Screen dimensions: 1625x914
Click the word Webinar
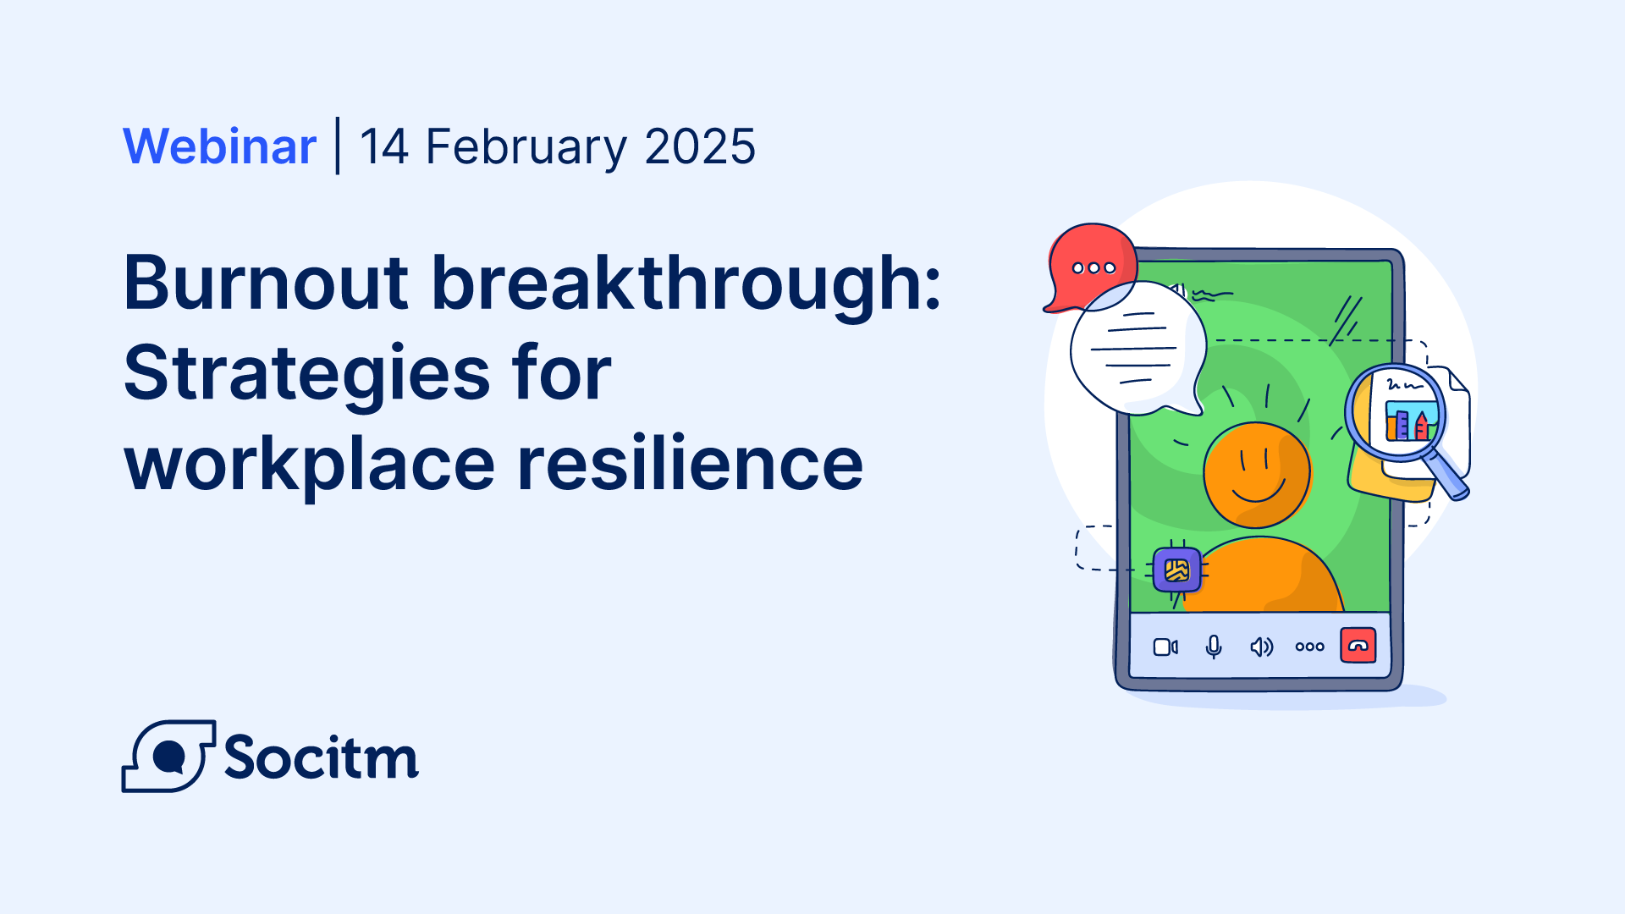tap(220, 146)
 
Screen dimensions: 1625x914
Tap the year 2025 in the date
tap(700, 146)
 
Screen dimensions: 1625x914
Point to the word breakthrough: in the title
tap(686, 284)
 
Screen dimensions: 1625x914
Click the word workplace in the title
tap(310, 465)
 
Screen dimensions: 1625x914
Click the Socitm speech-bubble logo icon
tap(168, 756)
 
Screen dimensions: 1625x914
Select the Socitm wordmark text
tap(322, 756)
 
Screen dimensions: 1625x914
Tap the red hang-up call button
tap(1358, 646)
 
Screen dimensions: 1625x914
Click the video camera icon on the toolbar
tap(1165, 647)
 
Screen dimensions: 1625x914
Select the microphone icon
tap(1214, 647)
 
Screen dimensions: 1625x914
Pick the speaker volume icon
tap(1262, 647)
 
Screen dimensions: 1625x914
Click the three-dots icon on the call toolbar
tap(1310, 647)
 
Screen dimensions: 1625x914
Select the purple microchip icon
tap(1177, 570)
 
